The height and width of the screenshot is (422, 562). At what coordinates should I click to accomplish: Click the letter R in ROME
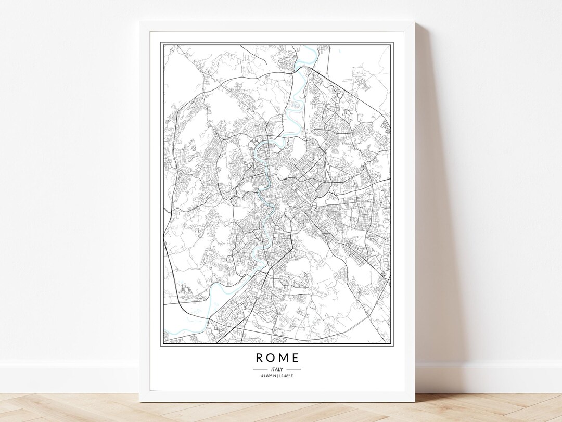(259, 358)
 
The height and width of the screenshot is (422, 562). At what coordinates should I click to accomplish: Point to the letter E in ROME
(296, 358)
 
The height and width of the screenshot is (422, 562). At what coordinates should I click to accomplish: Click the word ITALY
(277, 369)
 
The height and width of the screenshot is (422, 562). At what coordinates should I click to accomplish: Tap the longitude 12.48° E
(286, 376)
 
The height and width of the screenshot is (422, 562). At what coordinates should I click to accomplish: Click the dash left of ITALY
(260, 369)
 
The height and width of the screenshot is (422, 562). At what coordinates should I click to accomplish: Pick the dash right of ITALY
(293, 369)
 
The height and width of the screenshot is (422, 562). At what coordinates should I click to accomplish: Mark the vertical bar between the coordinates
(277, 376)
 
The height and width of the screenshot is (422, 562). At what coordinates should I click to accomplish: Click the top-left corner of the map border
(161, 43)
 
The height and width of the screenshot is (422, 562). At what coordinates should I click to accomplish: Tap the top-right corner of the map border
(392, 43)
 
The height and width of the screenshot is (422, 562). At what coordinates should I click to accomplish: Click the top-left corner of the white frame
(139, 22)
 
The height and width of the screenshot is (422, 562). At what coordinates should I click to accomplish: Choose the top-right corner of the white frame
(415, 22)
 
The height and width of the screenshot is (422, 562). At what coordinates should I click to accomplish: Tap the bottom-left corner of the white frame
(139, 402)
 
